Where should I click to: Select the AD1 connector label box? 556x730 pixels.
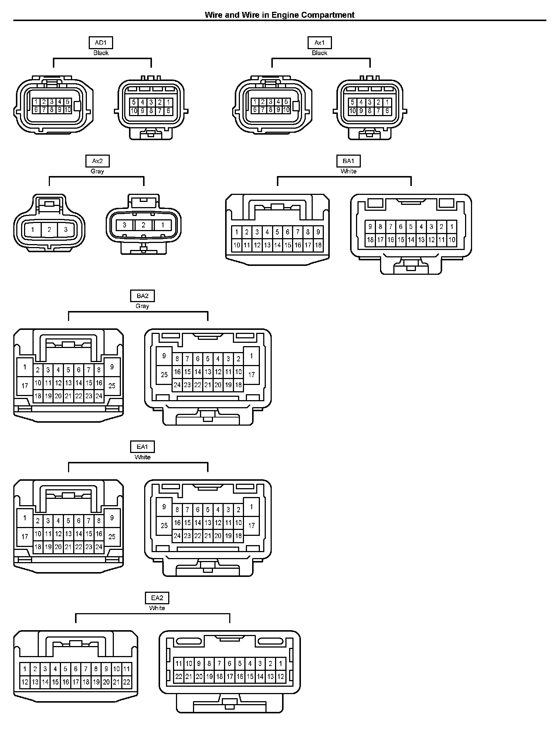pos(101,43)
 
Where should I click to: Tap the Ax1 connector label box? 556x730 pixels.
pos(319,43)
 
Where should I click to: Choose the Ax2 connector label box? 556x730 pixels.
pos(98,161)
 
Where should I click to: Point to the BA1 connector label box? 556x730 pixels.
pos(348,161)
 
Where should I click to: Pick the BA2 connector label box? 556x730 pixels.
pos(142,296)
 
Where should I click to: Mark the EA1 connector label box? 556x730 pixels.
pos(142,447)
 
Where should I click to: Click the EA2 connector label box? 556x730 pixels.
pos(157,598)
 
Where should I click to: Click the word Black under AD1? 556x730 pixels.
pos(101,53)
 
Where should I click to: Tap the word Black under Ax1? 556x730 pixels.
pos(319,53)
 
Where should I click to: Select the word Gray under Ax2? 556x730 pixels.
pos(98,171)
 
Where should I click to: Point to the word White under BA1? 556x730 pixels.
pos(348,171)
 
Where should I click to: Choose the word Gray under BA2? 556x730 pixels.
pos(142,306)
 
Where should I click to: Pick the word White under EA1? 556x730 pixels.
pos(142,457)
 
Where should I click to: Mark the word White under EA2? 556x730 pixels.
pos(157,608)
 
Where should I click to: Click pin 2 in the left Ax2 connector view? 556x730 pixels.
pos(49,230)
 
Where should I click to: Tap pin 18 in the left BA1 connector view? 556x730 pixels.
pos(318,245)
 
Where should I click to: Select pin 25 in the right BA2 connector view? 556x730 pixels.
pos(164,375)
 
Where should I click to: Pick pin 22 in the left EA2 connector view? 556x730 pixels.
pos(126,682)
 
